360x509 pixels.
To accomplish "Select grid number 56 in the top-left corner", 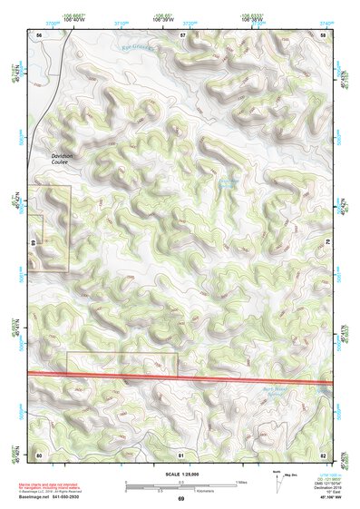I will tap(39, 34).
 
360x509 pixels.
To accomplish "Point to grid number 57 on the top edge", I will tap(182, 34).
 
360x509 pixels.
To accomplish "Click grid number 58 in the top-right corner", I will tap(324, 34).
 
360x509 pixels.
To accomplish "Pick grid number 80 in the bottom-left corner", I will tap(39, 453).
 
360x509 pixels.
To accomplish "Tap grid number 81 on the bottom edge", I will tap(181, 453).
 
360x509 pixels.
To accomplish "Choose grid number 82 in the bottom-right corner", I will tap(324, 453).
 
